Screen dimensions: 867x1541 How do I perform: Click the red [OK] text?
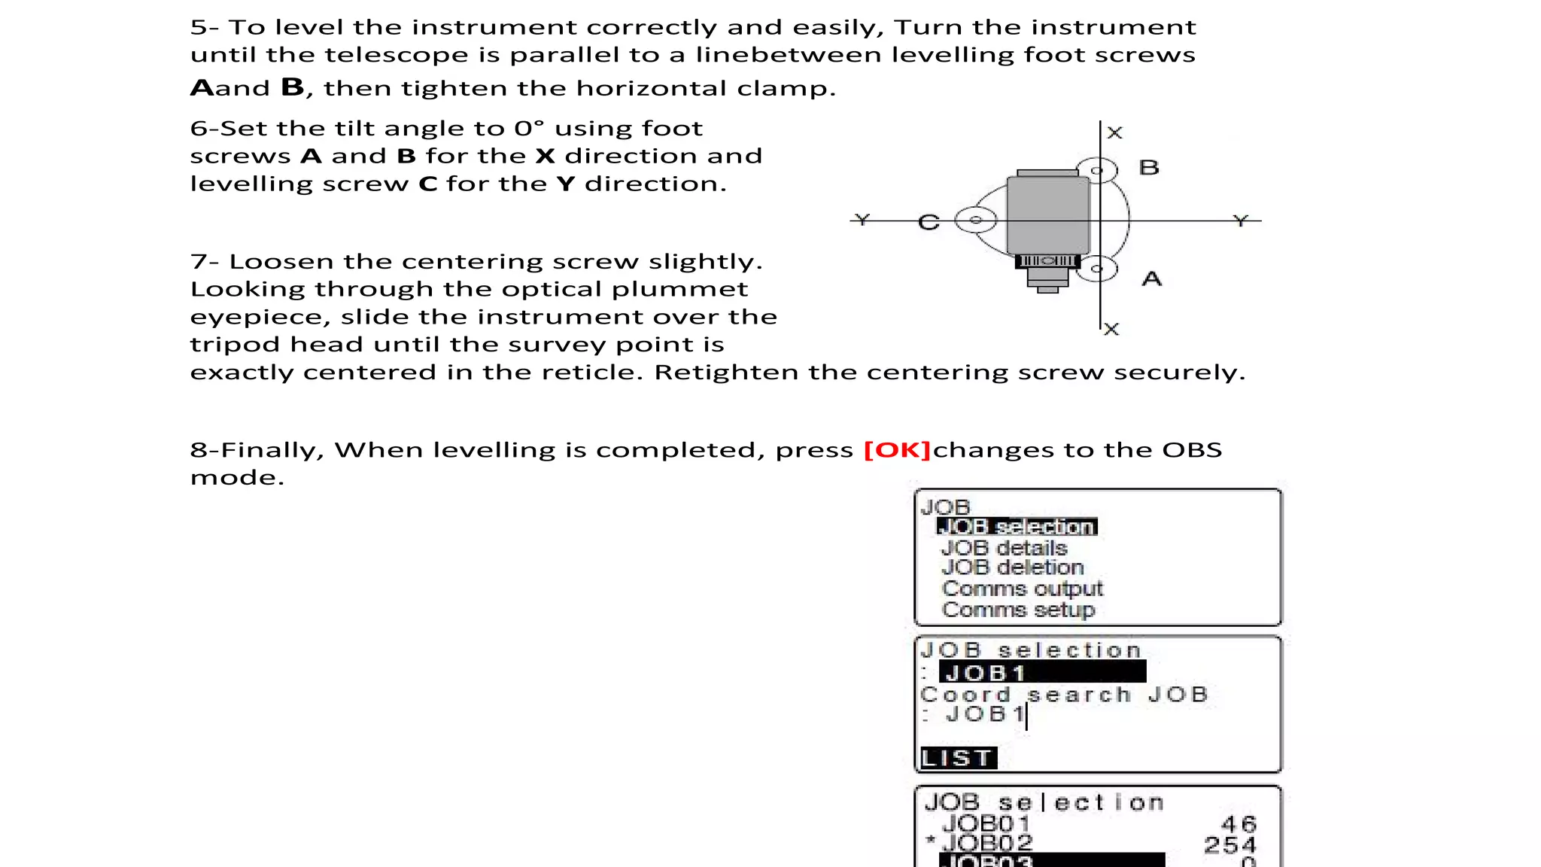897,450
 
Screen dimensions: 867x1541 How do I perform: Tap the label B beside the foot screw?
1149,168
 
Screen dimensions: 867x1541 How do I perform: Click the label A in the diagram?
1152,279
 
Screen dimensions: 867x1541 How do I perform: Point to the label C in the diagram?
929,223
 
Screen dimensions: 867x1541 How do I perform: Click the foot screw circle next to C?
975,220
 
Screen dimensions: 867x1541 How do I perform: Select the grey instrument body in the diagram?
1048,215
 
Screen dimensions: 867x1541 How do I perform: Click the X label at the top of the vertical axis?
1115,133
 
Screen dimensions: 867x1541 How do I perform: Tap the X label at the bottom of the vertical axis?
1111,329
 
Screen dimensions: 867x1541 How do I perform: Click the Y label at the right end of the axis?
1241,221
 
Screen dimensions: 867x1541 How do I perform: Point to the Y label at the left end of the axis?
862,220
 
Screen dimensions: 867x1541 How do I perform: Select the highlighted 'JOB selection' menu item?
1017,527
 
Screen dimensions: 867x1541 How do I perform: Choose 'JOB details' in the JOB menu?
1004,548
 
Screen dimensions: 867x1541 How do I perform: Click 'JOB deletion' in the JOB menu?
1012,567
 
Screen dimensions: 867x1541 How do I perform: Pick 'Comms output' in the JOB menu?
1022,589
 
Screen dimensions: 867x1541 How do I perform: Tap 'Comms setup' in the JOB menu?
1018,610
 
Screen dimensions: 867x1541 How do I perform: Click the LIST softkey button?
959,758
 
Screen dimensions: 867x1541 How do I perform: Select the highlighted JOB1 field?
1042,672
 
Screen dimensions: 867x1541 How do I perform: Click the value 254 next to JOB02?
1229,844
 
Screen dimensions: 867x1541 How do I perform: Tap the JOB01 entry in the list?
986,824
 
